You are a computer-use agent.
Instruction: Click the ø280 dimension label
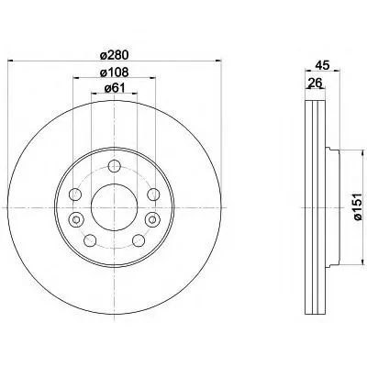tap(115, 55)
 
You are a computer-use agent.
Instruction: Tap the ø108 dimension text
tap(115, 72)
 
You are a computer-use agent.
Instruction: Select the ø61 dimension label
tap(115, 88)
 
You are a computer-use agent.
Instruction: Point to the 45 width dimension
tap(322, 65)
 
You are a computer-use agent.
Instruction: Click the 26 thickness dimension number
tap(315, 83)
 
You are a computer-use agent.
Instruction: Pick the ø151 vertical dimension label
tap(357, 206)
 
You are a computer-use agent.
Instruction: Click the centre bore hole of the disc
tap(114, 207)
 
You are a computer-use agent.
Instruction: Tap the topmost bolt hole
tap(115, 166)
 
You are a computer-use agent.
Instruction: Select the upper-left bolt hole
tap(75, 195)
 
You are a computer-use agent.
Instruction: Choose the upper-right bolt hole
tap(153, 195)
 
